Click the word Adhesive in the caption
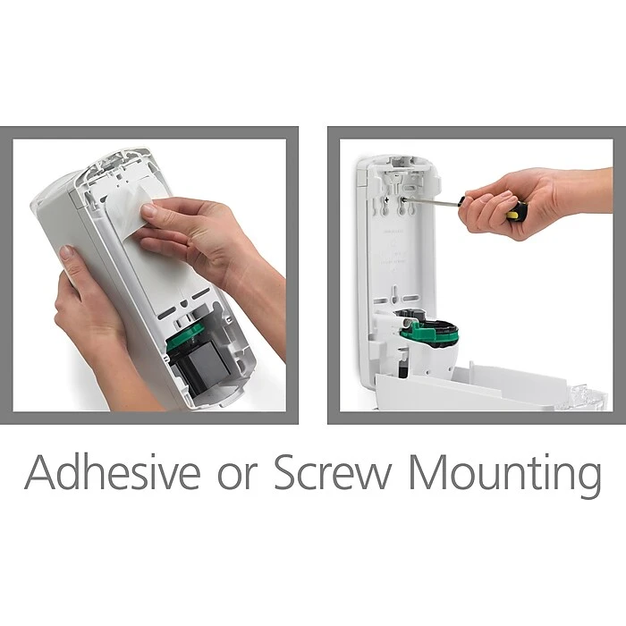[112, 472]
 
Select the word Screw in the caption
[334, 472]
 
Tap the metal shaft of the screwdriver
[430, 202]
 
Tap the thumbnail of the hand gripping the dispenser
[65, 253]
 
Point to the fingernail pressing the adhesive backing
[149, 209]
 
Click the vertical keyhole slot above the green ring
[394, 294]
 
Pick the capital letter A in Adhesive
[40, 472]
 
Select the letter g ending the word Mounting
[588, 483]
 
